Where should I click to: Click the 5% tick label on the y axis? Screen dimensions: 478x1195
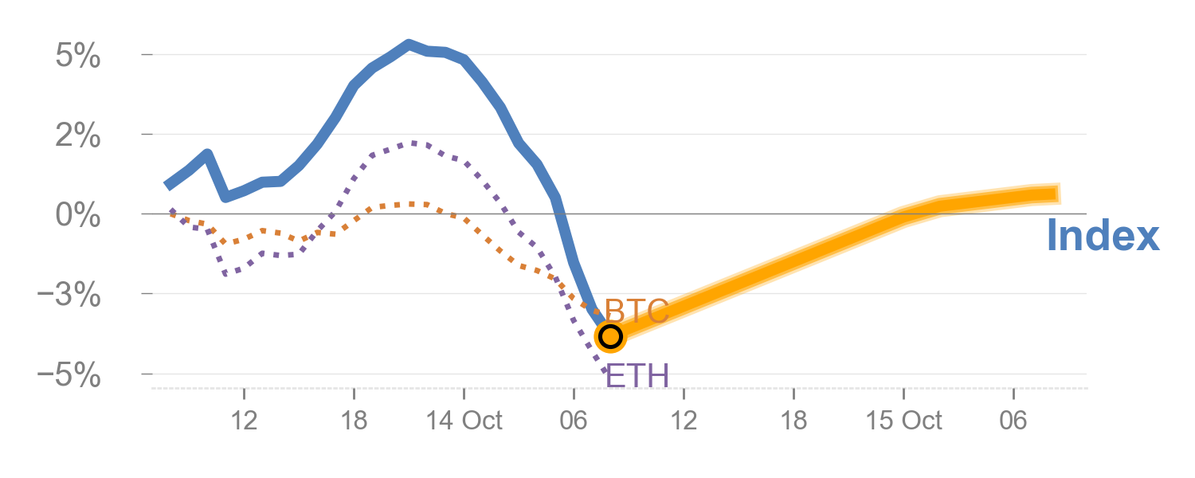click(x=78, y=57)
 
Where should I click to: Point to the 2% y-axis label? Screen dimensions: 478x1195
click(x=78, y=137)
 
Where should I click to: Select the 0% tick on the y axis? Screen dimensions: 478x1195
click(x=78, y=217)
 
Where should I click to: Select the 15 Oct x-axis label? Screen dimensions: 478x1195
click(x=903, y=421)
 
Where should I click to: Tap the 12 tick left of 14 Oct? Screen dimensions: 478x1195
click(x=244, y=421)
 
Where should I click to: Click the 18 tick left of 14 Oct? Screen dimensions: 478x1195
click(x=354, y=421)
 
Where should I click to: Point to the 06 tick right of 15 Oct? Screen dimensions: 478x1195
click(x=1013, y=421)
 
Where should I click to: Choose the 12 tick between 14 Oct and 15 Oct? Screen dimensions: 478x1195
click(x=684, y=421)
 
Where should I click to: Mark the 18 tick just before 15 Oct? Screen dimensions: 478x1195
click(x=793, y=421)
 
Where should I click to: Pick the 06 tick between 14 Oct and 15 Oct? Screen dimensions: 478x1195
click(x=574, y=421)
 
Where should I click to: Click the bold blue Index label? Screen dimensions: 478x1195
click(x=1103, y=237)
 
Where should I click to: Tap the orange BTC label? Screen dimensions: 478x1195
click(x=637, y=311)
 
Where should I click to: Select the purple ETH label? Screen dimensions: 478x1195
click(x=637, y=374)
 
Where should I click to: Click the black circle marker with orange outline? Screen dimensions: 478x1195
click(x=610, y=336)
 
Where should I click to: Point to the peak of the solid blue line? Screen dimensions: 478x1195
click(x=409, y=45)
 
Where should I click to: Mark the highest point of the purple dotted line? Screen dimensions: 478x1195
click(x=416, y=143)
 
